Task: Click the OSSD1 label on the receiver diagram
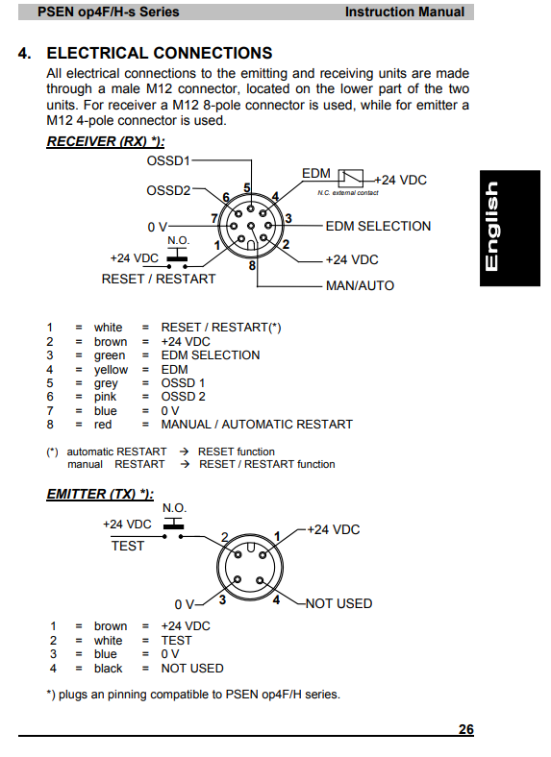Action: click(x=168, y=160)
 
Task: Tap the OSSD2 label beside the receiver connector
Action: click(x=168, y=191)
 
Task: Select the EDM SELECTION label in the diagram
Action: click(x=378, y=226)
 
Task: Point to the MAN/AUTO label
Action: click(x=360, y=286)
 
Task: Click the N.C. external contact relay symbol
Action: click(x=351, y=178)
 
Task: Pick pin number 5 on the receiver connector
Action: click(x=247, y=187)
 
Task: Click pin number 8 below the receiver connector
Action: click(x=252, y=265)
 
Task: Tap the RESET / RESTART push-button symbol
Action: click(x=177, y=257)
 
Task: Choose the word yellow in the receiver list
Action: click(x=112, y=370)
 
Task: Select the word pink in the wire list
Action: click(x=106, y=397)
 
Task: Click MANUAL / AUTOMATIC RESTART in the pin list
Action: click(x=257, y=425)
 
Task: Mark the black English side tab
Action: click(x=510, y=228)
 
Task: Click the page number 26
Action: click(x=466, y=729)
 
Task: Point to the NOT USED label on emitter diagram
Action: click(x=338, y=603)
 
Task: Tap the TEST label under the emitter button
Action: click(x=128, y=546)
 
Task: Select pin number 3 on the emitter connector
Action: click(x=222, y=599)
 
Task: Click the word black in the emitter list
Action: click(x=109, y=669)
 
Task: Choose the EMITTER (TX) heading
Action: click(x=100, y=495)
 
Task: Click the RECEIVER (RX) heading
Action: click(x=106, y=141)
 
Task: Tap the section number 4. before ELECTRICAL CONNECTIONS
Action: click(x=25, y=53)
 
